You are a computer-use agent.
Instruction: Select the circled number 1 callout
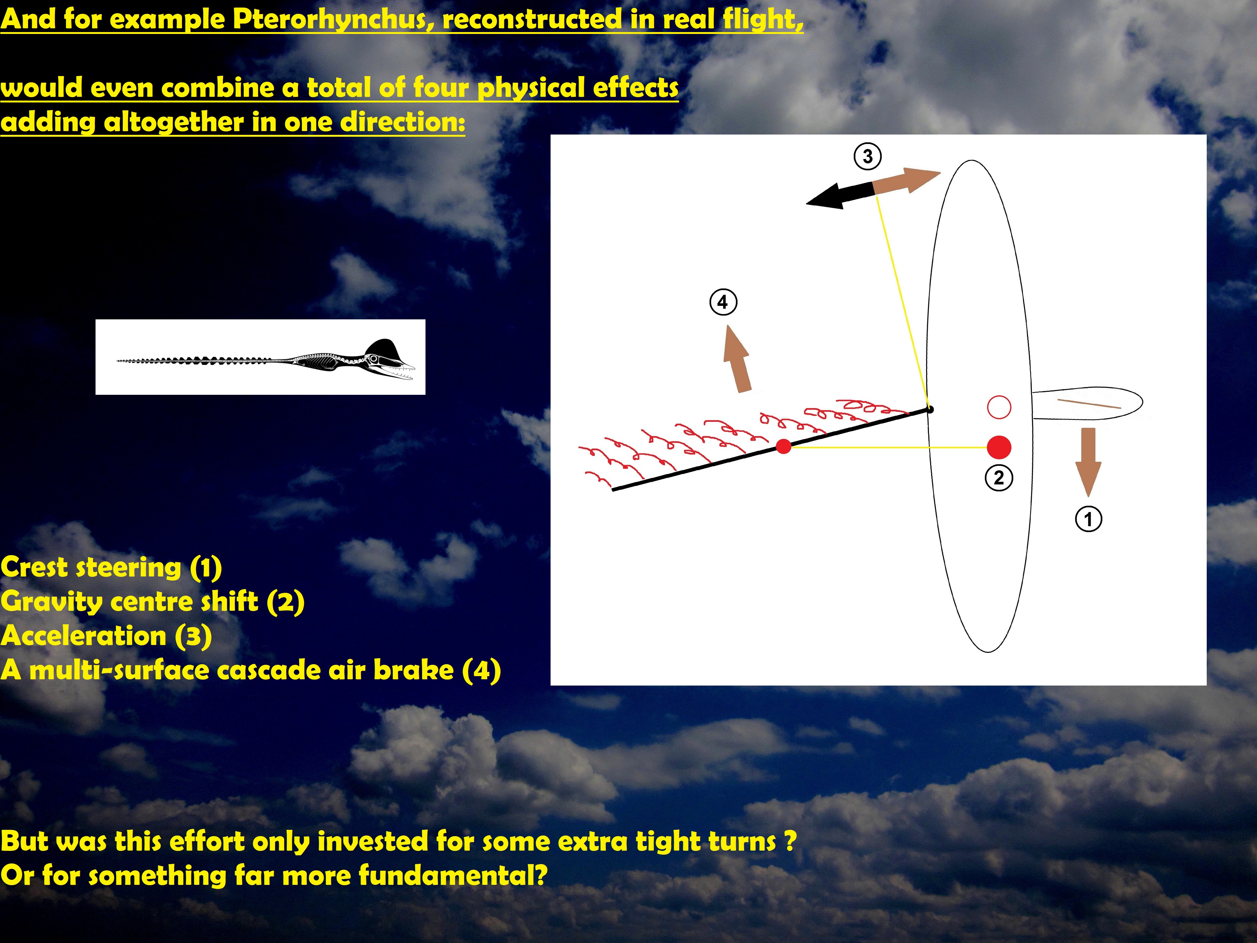coord(1088,519)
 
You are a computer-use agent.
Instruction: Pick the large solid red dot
coord(999,447)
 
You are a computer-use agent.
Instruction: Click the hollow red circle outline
coord(999,407)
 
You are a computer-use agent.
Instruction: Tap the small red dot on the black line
coord(784,447)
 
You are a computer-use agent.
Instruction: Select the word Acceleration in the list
coord(83,636)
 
